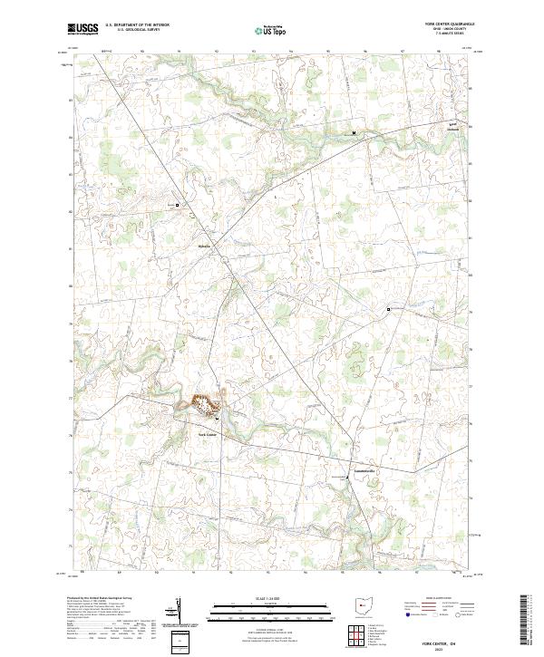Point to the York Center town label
pyautogui.click(x=208, y=434)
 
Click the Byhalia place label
pyautogui.click(x=204, y=246)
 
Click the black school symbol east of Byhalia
pyautogui.click(x=389, y=309)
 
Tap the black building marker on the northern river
pyautogui.click(x=355, y=134)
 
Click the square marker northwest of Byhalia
pyautogui.click(x=178, y=206)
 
